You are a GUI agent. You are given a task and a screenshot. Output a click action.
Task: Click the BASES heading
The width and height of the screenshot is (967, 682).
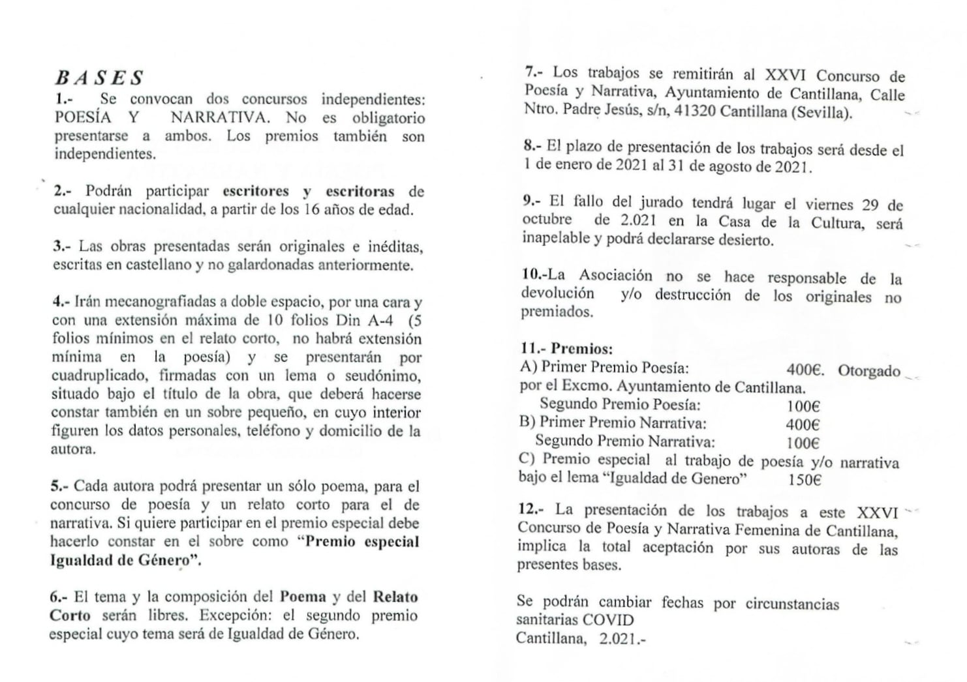tap(99, 78)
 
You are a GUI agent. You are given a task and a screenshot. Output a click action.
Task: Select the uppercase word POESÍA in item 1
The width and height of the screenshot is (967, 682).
tap(83, 118)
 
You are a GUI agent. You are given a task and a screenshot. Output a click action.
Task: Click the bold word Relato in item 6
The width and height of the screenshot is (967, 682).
tap(395, 597)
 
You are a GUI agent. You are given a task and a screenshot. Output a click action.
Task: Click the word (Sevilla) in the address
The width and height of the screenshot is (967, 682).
tap(822, 111)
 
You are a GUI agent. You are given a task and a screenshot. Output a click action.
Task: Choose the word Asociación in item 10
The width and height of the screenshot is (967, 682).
tap(615, 276)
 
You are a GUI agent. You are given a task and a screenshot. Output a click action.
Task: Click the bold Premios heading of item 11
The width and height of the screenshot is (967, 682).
tap(581, 349)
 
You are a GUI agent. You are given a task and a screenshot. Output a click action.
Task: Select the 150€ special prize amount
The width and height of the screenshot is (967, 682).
tap(804, 480)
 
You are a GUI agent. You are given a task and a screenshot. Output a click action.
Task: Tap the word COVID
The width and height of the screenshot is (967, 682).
tap(607, 620)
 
